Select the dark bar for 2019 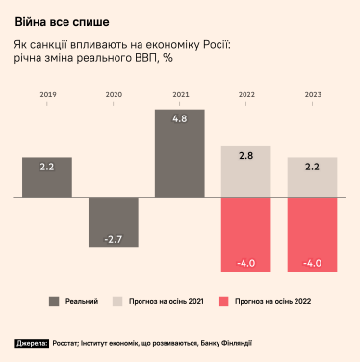(47, 177)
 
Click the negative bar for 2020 (114, 222)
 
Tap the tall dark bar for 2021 (180, 153)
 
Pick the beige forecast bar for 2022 (246, 171)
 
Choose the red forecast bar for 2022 (246, 234)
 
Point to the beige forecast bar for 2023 (313, 177)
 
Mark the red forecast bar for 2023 (313, 234)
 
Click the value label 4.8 (180, 118)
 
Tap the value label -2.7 (114, 238)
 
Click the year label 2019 (47, 95)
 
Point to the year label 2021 (180, 95)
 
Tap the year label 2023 (313, 95)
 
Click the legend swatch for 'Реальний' (54, 301)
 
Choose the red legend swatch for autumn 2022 (225, 301)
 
